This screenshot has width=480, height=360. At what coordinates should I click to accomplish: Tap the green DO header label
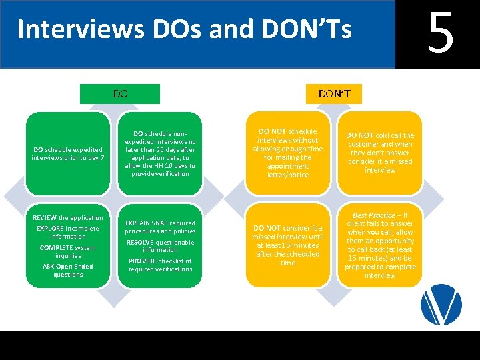pyautogui.click(x=121, y=94)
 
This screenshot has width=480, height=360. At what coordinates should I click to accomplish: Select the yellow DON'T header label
pyautogui.click(x=334, y=94)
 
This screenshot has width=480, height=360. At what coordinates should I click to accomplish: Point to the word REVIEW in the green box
pyautogui.click(x=45, y=218)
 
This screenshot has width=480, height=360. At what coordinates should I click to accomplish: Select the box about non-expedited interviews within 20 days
pyautogui.click(x=160, y=153)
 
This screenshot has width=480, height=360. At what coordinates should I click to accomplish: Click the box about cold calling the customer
pyautogui.click(x=381, y=153)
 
